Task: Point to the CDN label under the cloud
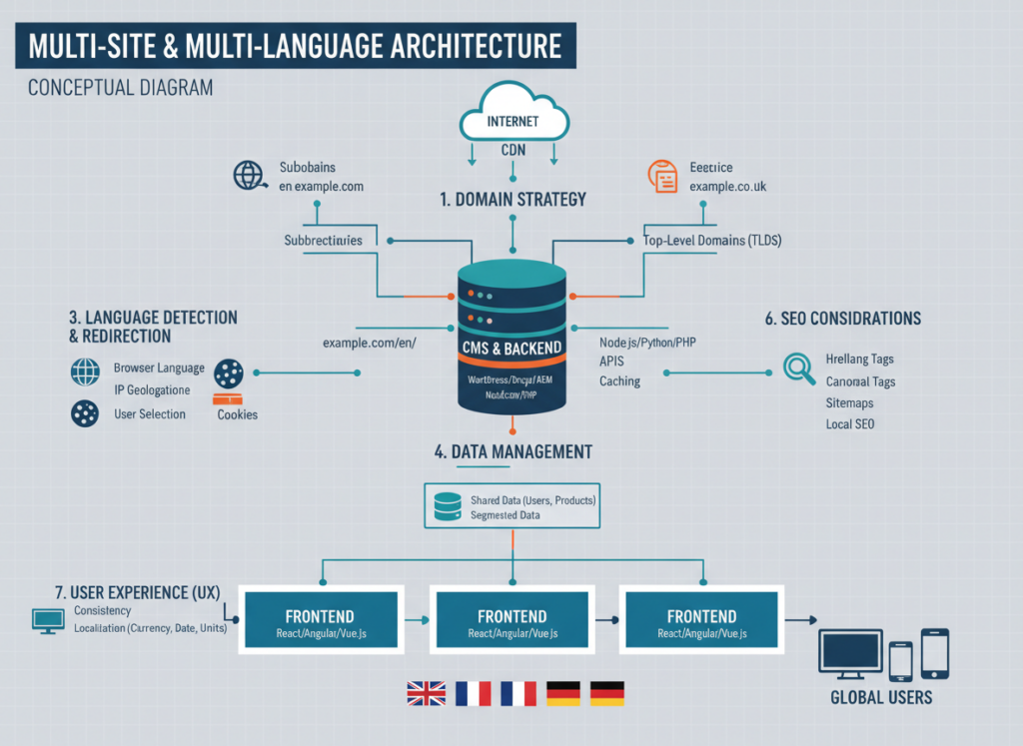[x=513, y=151]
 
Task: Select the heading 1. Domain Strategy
[x=512, y=199]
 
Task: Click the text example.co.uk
[x=728, y=187]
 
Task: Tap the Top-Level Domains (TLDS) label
[x=713, y=241]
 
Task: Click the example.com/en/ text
[x=369, y=343]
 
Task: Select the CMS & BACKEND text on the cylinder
[x=512, y=348]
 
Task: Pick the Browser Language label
[x=159, y=368]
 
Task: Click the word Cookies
[x=237, y=414]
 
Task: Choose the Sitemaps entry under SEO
[x=849, y=402]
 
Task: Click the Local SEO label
[x=851, y=423]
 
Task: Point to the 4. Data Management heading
[x=512, y=451]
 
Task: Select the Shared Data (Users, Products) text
[x=532, y=499]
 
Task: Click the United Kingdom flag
[x=425, y=693]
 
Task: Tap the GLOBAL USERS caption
[x=881, y=697]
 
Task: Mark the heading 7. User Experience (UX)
[x=138, y=591]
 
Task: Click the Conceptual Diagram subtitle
[x=120, y=88]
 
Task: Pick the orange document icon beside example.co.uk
[x=662, y=176]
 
